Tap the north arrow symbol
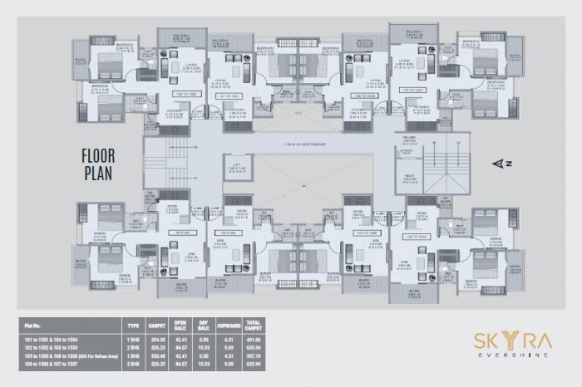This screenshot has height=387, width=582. [x=499, y=164]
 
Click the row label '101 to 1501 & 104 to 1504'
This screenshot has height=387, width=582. [x=56, y=340]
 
